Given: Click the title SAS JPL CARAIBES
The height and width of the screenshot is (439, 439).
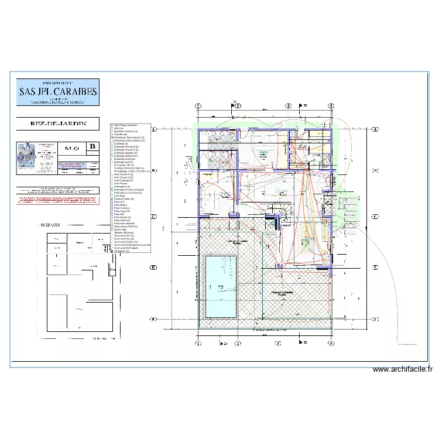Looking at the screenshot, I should click(58, 91).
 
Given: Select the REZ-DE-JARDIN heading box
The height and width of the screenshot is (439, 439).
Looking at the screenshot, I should click(58, 124).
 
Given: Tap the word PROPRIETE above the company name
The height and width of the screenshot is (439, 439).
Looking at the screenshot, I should click(58, 83).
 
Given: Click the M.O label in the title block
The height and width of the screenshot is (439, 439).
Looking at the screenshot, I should click(73, 148).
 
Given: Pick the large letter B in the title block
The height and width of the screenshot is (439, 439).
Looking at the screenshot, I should click(92, 147).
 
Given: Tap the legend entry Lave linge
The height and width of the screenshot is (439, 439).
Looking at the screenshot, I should click(121, 196).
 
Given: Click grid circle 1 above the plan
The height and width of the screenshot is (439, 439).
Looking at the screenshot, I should click(198, 106).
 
